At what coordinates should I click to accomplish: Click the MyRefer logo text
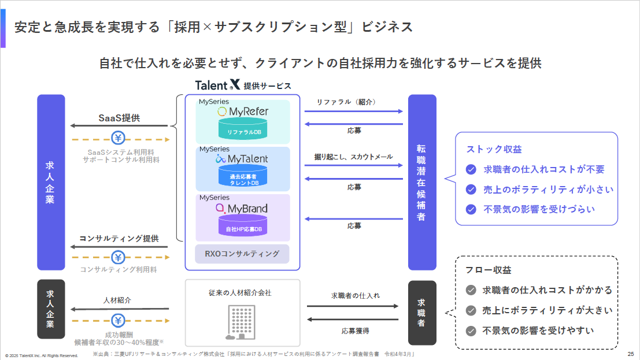click(x=243, y=112)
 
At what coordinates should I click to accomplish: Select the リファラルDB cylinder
click(x=243, y=128)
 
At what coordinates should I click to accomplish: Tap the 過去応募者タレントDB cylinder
click(x=243, y=176)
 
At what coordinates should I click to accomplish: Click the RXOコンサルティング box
click(x=242, y=254)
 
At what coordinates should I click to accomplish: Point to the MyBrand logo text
click(x=242, y=209)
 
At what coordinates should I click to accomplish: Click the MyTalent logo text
click(x=242, y=159)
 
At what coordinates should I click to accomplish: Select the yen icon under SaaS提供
click(x=118, y=138)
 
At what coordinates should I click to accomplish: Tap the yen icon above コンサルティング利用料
click(x=118, y=257)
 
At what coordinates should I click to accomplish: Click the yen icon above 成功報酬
click(x=118, y=320)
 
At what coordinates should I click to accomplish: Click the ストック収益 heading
click(x=494, y=150)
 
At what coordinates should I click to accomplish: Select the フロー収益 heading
click(x=489, y=270)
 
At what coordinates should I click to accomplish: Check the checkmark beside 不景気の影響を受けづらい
click(x=471, y=209)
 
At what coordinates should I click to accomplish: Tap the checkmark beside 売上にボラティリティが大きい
click(x=471, y=311)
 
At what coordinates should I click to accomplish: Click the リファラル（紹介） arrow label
click(x=346, y=102)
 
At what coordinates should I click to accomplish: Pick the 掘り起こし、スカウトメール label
click(x=353, y=157)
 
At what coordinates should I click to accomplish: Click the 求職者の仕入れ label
click(x=356, y=295)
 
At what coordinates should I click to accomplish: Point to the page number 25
click(x=631, y=354)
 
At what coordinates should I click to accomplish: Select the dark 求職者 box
click(x=422, y=313)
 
